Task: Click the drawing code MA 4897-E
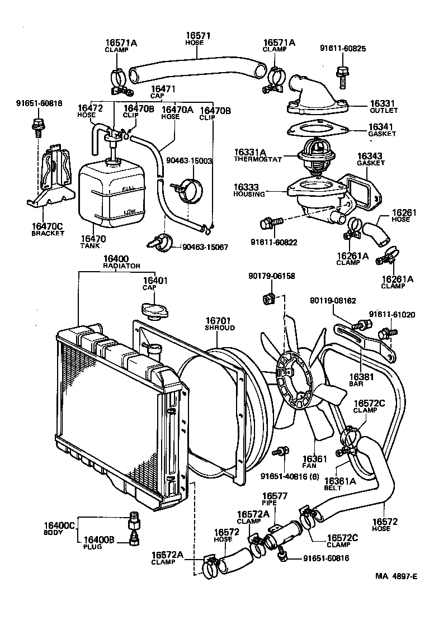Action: pyautogui.click(x=397, y=577)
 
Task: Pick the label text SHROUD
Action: pyautogui.click(x=219, y=328)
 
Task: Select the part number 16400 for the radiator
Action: pyautogui.click(x=116, y=259)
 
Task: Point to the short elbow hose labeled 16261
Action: pyautogui.click(x=373, y=233)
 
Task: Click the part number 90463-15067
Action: pyautogui.click(x=205, y=247)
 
